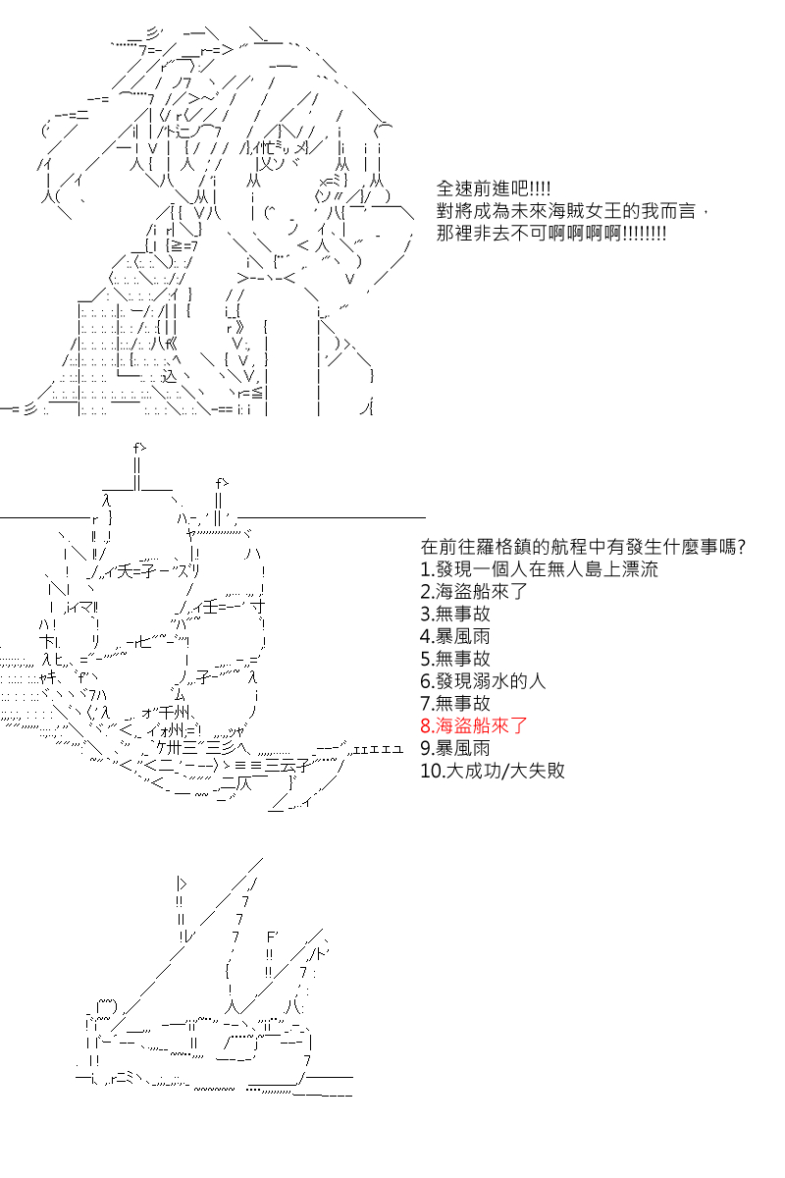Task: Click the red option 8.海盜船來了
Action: pyautogui.click(x=473, y=725)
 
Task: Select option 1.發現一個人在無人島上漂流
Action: pyautogui.click(x=539, y=569)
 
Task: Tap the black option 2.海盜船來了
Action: pyautogui.click(x=473, y=592)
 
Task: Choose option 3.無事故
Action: pyautogui.click(x=454, y=614)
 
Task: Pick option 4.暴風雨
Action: pyautogui.click(x=454, y=636)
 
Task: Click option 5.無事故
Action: pyautogui.click(x=454, y=659)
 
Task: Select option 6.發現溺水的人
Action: pyautogui.click(x=483, y=681)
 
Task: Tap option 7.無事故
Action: pyautogui.click(x=454, y=703)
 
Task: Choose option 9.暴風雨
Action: pyautogui.click(x=454, y=748)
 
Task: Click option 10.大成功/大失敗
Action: pyautogui.click(x=493, y=771)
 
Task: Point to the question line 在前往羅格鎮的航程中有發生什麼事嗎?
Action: pyautogui.click(x=583, y=547)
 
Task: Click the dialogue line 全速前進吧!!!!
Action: pyautogui.click(x=494, y=188)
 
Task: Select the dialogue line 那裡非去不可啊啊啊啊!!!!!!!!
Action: pyautogui.click(x=551, y=234)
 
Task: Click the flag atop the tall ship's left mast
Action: pyautogui.click(x=139, y=448)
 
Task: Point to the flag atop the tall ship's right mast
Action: pyautogui.click(x=222, y=482)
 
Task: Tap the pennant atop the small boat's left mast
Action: pyautogui.click(x=182, y=884)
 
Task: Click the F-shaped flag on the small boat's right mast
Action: pyautogui.click(x=272, y=937)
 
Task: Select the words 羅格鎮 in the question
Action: pyautogui.click(x=504, y=547)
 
